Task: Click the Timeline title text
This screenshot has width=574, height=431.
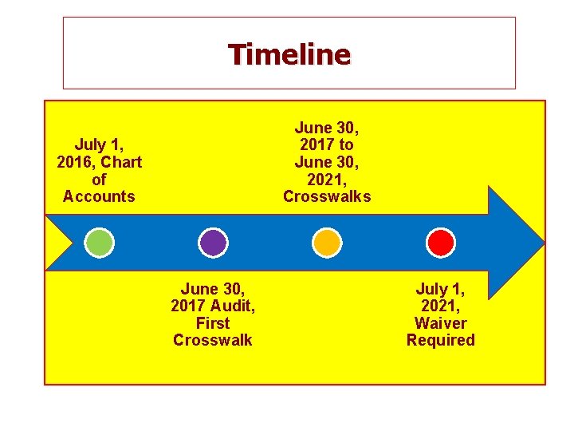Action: [289, 54]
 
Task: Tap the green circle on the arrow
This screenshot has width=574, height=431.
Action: [100, 242]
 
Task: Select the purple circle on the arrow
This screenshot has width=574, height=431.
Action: [213, 242]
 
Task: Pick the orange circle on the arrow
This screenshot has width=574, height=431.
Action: [326, 242]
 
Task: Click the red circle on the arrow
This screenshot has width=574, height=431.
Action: [440, 242]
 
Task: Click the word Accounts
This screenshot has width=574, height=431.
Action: [99, 196]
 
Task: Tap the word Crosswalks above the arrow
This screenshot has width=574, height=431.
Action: [327, 196]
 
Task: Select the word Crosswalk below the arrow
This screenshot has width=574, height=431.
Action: [212, 340]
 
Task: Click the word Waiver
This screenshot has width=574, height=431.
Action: [440, 323]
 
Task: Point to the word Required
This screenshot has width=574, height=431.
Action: [440, 340]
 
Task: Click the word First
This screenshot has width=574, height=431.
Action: [212, 323]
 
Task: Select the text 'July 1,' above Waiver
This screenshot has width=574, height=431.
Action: [440, 289]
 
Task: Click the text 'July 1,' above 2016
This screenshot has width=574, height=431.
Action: [99, 144]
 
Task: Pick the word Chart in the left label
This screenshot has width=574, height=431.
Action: [122, 162]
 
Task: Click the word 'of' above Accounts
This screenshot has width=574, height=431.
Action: [99, 180]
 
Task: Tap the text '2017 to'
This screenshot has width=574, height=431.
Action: [327, 144]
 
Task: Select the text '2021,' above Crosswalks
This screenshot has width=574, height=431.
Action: [327, 180]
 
